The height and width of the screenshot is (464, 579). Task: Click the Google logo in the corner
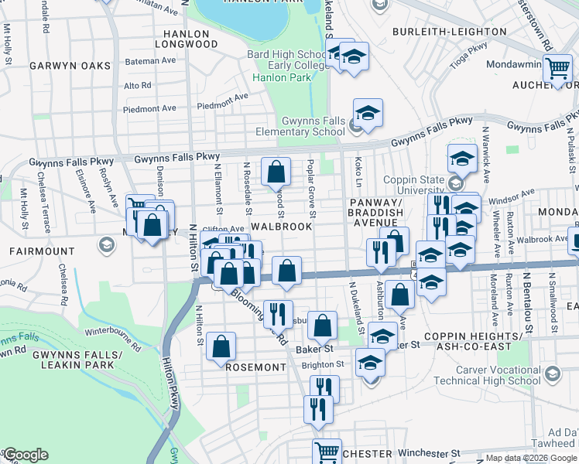pyautogui.click(x=26, y=455)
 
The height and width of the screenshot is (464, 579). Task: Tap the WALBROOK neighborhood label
pyautogui.click(x=282, y=227)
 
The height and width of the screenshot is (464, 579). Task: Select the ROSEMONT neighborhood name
pyautogui.click(x=256, y=368)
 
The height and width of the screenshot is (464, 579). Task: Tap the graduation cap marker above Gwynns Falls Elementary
pyautogui.click(x=368, y=112)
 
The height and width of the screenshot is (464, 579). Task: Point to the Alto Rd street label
pyautogui.click(x=137, y=85)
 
